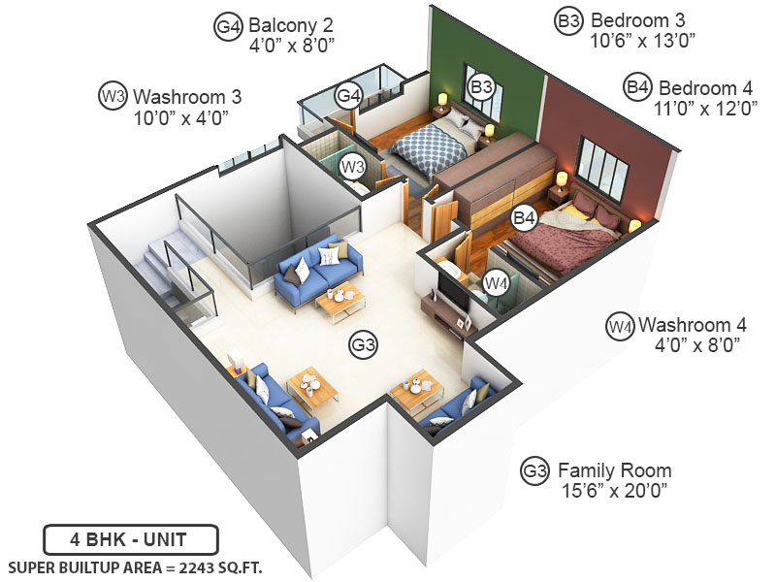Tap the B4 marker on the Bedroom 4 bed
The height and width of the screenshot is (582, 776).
(525, 219)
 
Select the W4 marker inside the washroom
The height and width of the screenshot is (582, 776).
(496, 283)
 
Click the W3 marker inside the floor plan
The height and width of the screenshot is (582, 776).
(352, 167)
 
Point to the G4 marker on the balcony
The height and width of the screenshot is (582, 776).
(349, 96)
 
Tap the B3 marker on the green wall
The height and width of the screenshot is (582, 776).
(482, 87)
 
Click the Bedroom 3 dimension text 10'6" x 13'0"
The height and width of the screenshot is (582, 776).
(643, 40)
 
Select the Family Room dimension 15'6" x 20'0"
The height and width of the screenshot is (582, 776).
(614, 492)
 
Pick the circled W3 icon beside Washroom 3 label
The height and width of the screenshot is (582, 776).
(113, 96)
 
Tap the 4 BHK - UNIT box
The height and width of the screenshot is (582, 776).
(130, 538)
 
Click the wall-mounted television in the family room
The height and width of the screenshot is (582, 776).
(453, 286)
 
